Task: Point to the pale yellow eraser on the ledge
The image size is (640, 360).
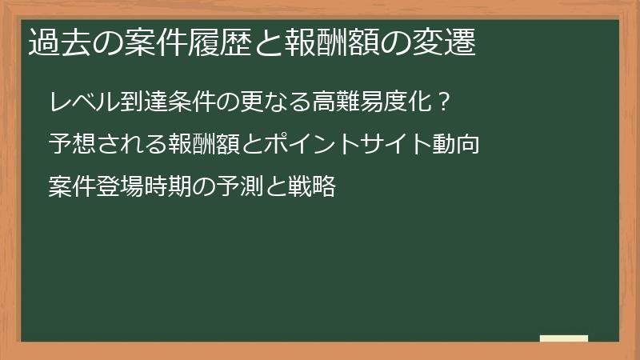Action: click(x=564, y=338)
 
